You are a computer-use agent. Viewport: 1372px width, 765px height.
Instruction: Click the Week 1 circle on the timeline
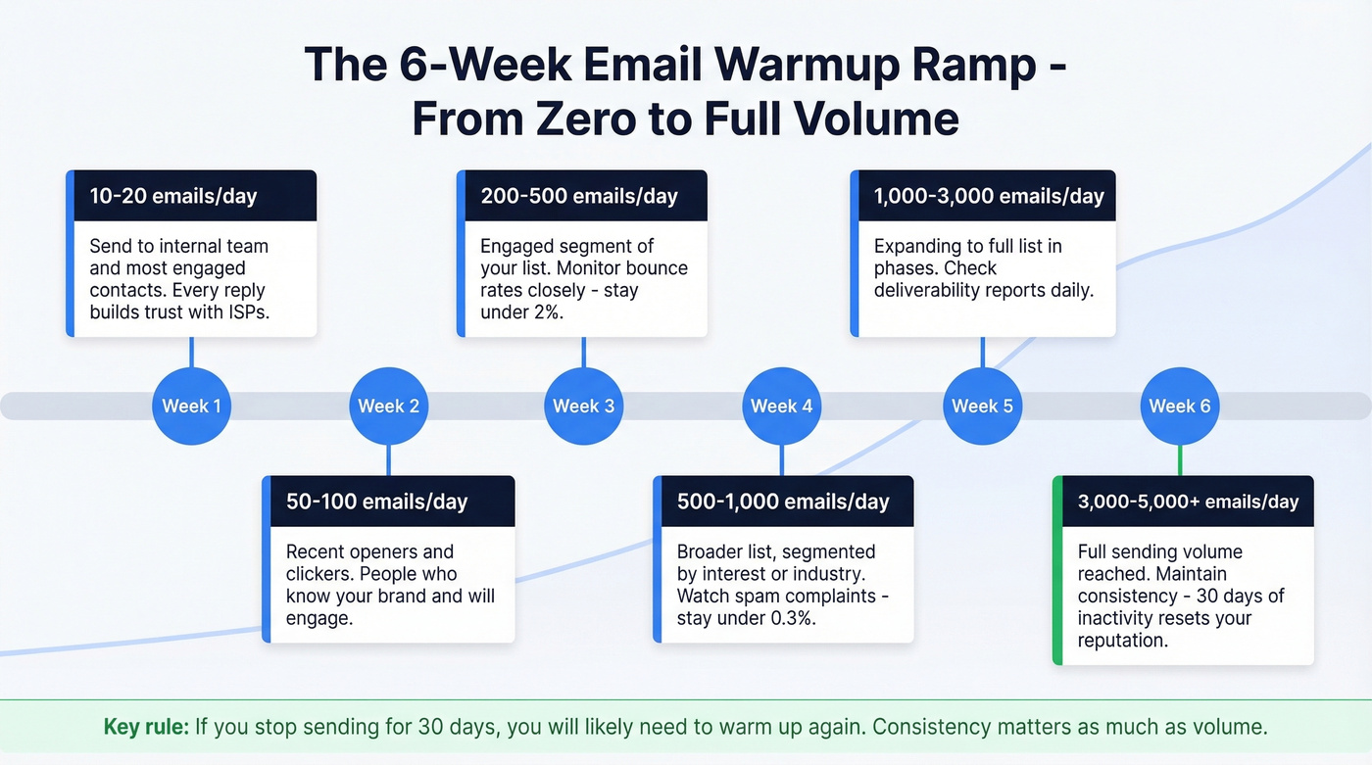[191, 406]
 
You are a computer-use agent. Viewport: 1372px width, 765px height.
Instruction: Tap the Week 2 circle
[388, 406]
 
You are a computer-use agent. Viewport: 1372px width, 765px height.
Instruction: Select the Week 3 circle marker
[584, 406]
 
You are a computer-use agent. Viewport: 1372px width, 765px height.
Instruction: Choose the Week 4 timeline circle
[781, 406]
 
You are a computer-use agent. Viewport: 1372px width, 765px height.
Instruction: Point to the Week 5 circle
[982, 406]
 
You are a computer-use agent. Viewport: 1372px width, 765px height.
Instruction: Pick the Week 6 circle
[1179, 406]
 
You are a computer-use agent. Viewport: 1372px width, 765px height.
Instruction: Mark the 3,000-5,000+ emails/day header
[1186, 501]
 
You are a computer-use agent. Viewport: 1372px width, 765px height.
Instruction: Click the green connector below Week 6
[1180, 460]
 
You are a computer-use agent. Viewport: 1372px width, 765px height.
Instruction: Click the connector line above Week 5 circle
[982, 352]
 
